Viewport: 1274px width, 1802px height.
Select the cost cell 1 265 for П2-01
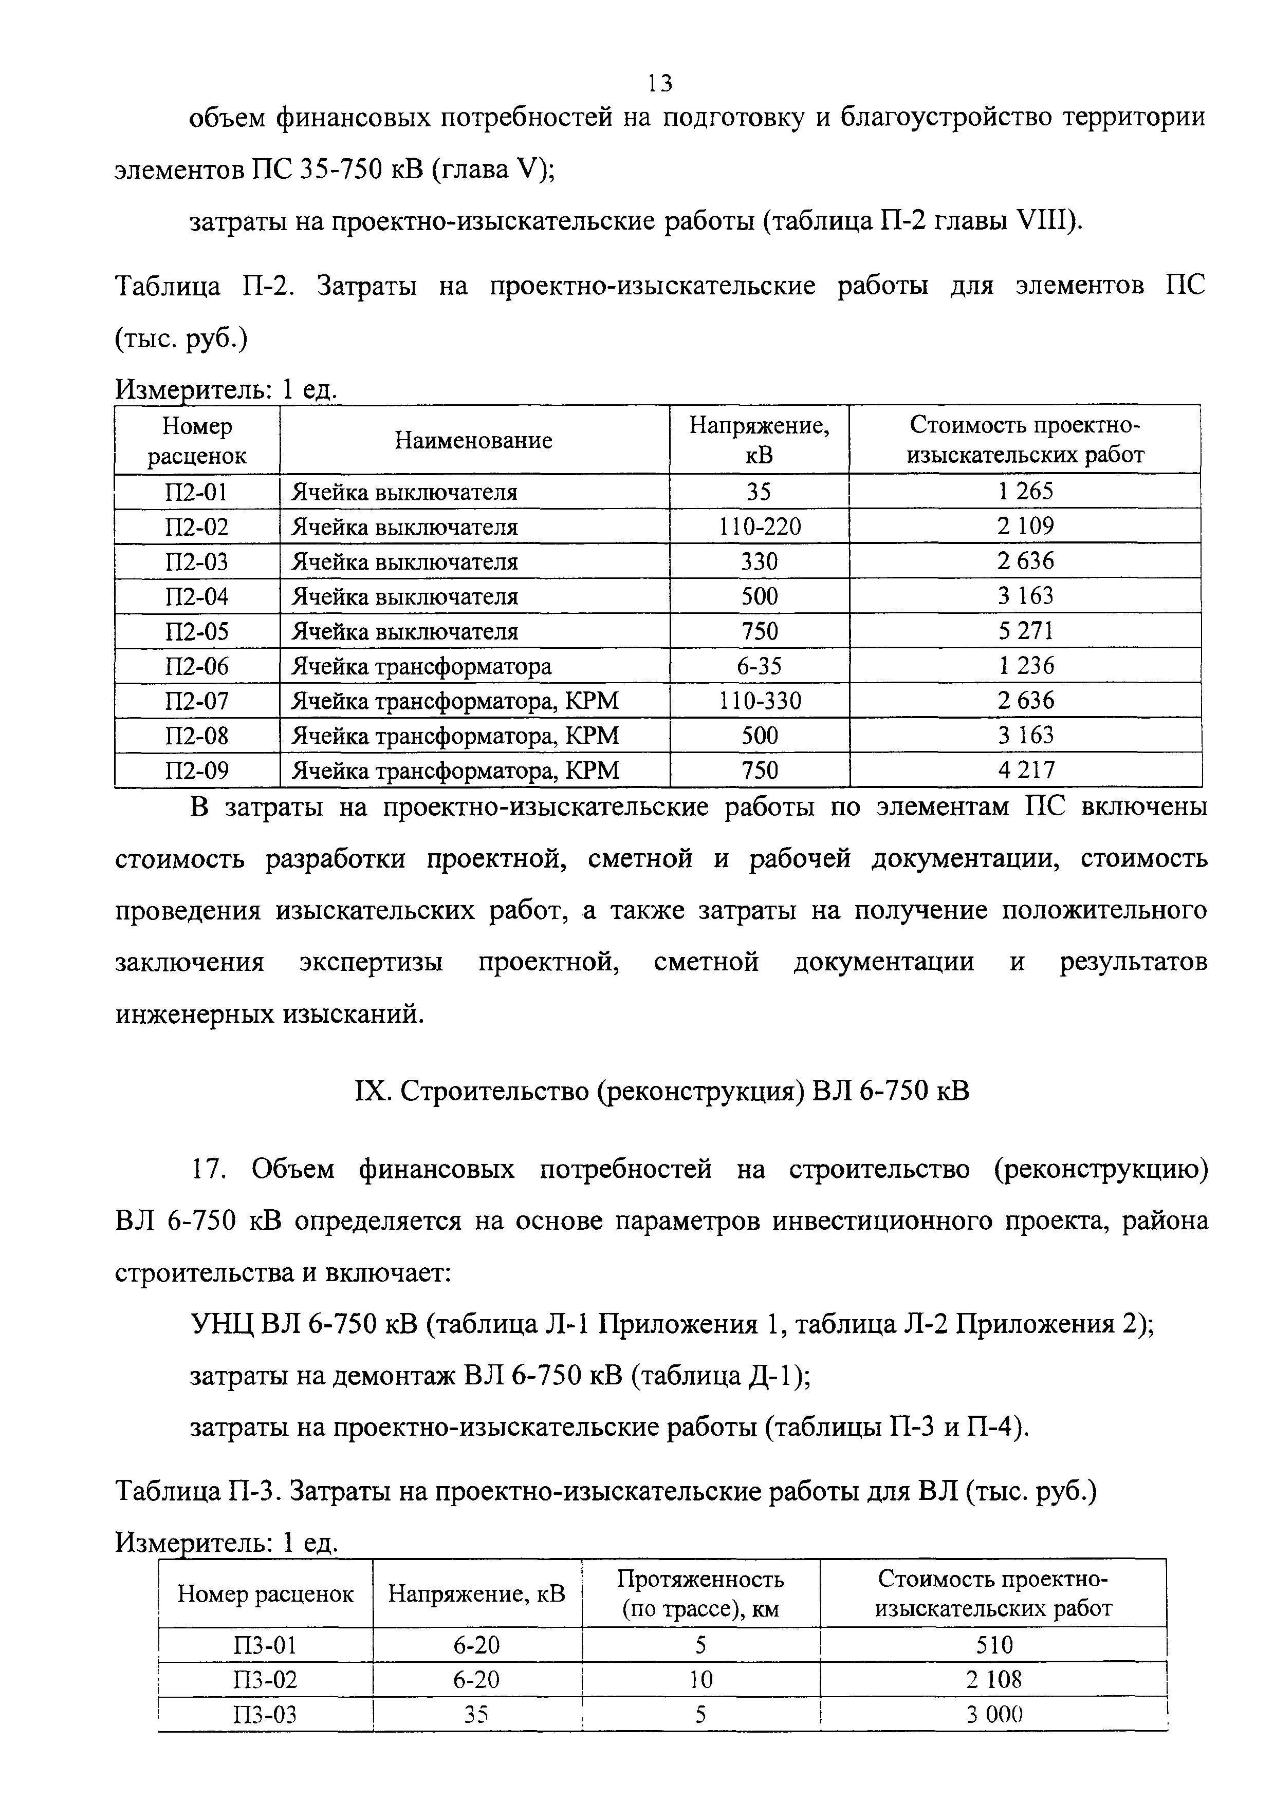point(1025,491)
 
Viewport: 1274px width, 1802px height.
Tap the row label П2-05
point(196,631)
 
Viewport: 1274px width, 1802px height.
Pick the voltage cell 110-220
point(759,527)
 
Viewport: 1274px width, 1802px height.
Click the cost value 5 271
point(1025,631)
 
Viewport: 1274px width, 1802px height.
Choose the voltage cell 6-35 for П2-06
point(759,666)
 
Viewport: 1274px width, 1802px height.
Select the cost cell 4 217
point(1025,771)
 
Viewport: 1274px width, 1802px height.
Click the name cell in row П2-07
point(455,701)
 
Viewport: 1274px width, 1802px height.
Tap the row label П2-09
point(196,771)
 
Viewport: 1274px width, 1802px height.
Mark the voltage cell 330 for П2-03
point(759,561)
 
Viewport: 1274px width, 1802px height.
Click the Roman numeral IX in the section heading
point(368,1092)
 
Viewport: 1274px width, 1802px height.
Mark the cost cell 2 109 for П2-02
point(1025,527)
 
